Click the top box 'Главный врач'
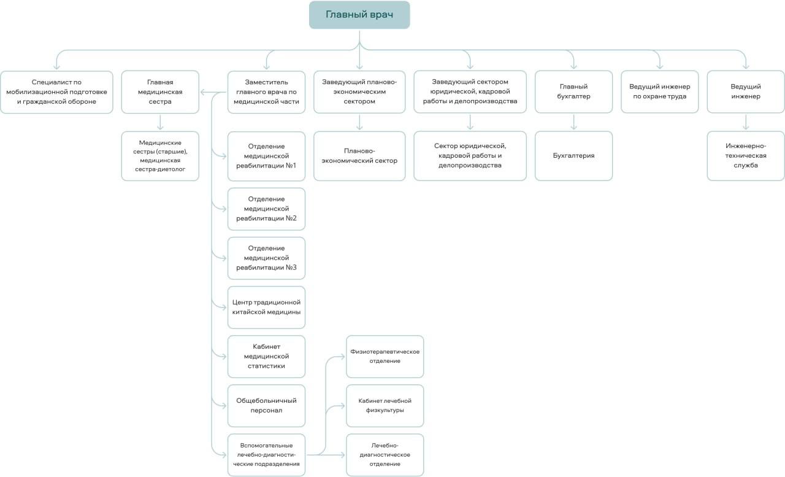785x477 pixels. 359,15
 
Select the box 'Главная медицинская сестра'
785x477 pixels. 160,92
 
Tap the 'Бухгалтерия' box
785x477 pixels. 573,156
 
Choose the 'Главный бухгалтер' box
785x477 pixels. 573,91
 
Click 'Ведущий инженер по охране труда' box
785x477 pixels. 659,91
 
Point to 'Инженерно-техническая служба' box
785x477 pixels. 746,156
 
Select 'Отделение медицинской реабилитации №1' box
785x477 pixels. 266,156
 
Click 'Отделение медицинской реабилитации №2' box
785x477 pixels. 266,209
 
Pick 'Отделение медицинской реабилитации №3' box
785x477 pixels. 266,258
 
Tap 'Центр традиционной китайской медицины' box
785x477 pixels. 266,307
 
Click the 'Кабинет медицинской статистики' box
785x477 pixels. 266,356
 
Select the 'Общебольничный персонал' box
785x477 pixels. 266,406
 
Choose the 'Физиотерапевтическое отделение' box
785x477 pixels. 385,356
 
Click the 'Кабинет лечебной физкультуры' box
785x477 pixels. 385,406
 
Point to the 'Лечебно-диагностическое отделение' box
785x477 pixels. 385,455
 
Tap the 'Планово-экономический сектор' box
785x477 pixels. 359,156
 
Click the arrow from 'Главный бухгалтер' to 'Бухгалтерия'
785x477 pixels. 573,122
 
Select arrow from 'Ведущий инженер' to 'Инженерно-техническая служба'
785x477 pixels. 746,122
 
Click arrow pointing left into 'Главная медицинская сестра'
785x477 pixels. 213,92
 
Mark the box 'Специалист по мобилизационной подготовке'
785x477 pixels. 56,92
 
